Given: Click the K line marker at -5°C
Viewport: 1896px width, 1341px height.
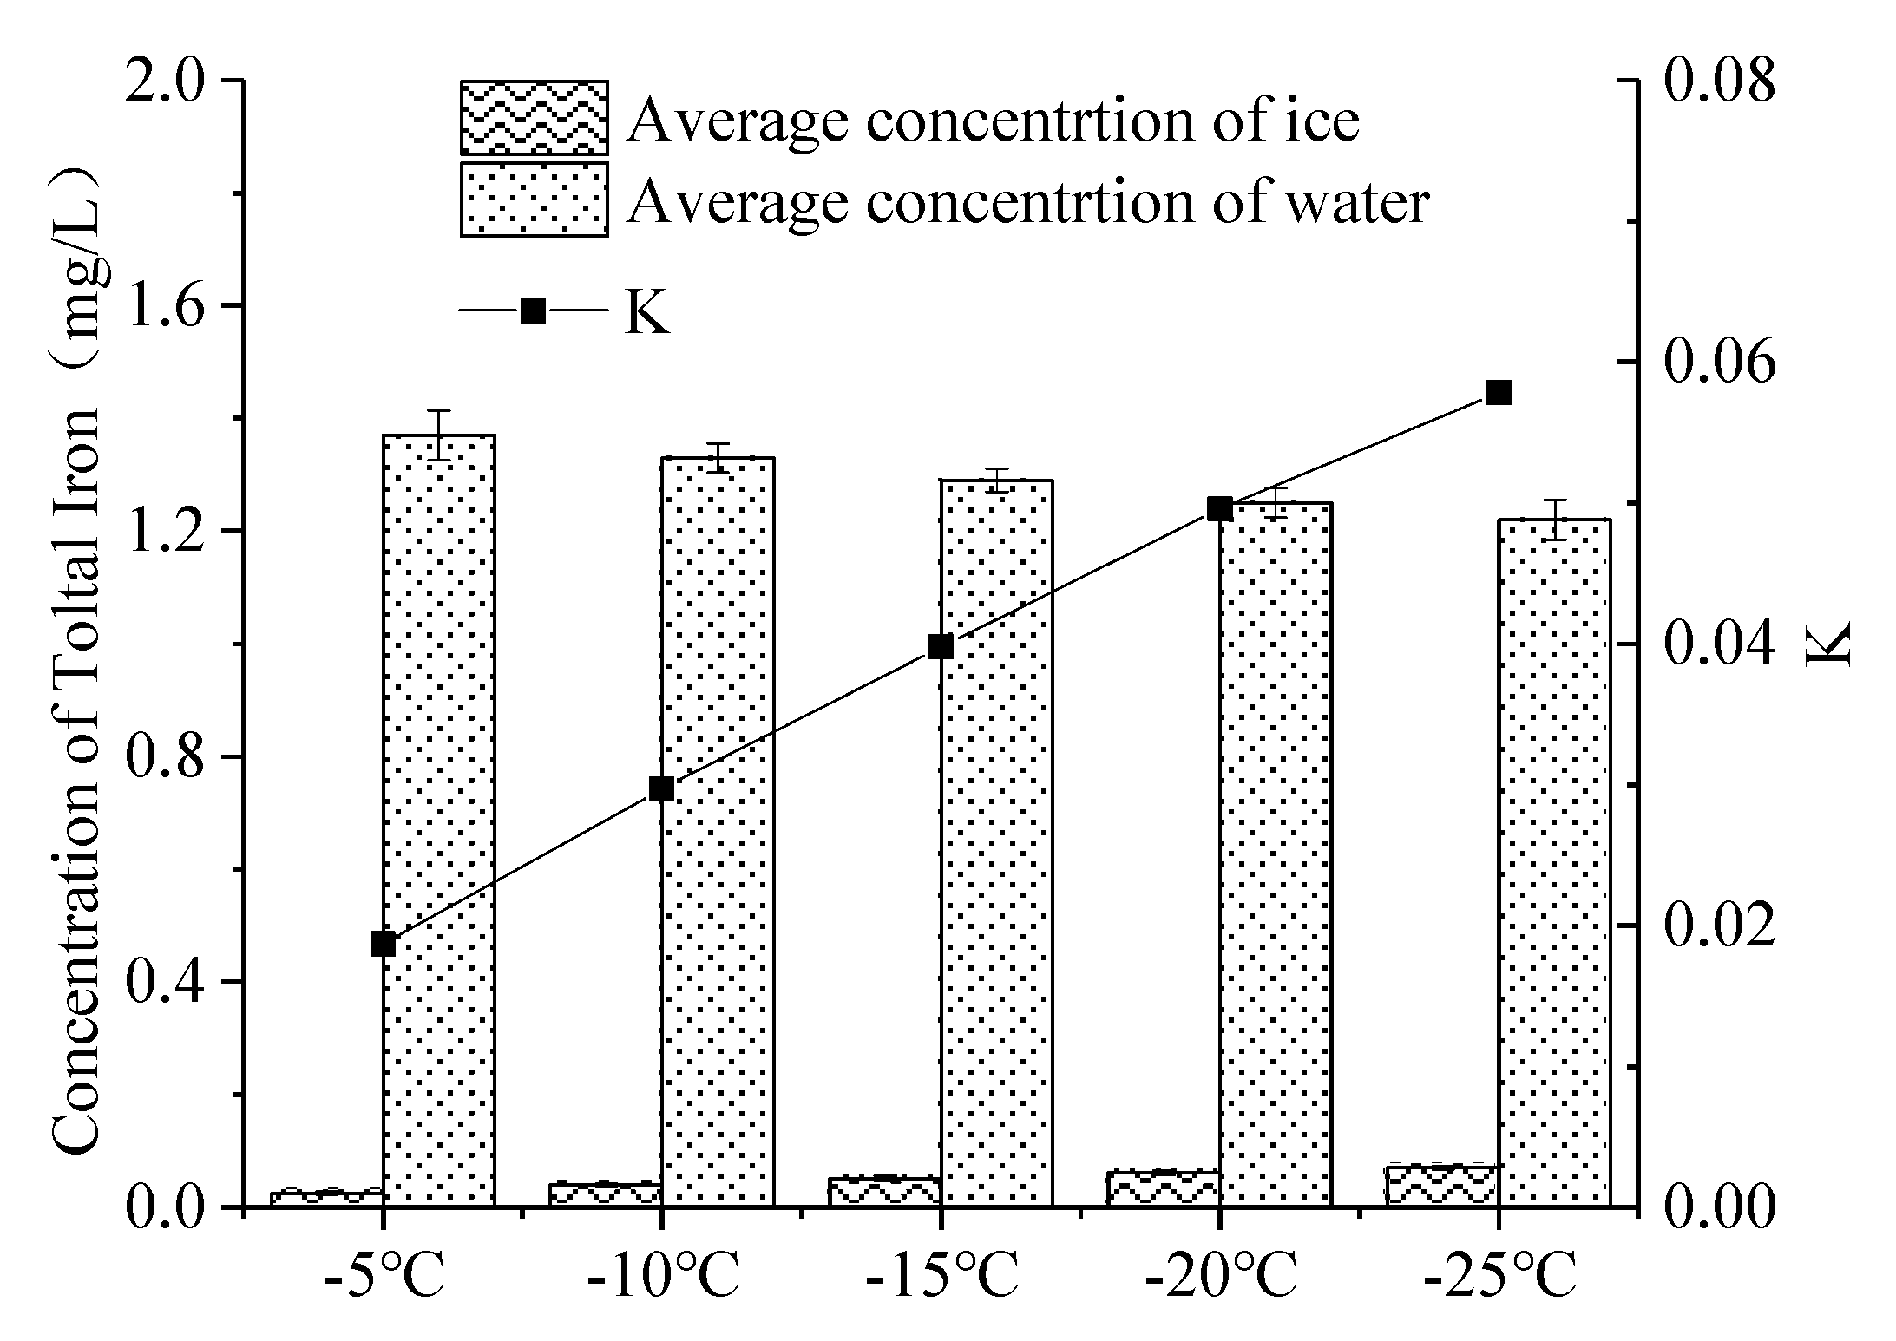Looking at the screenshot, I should (383, 944).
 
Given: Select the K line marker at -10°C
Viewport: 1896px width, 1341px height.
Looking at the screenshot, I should (661, 788).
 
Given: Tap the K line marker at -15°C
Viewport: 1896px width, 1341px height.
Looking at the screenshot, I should (941, 647).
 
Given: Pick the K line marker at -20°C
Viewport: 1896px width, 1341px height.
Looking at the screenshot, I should (1219, 509).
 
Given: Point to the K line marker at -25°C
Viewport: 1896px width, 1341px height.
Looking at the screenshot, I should (1499, 393).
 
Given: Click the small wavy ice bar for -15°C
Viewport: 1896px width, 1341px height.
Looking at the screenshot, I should (884, 1190).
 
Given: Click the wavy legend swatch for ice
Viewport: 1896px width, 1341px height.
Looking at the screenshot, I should (534, 118).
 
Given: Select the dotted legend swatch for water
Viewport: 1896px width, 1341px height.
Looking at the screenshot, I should (534, 200).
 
